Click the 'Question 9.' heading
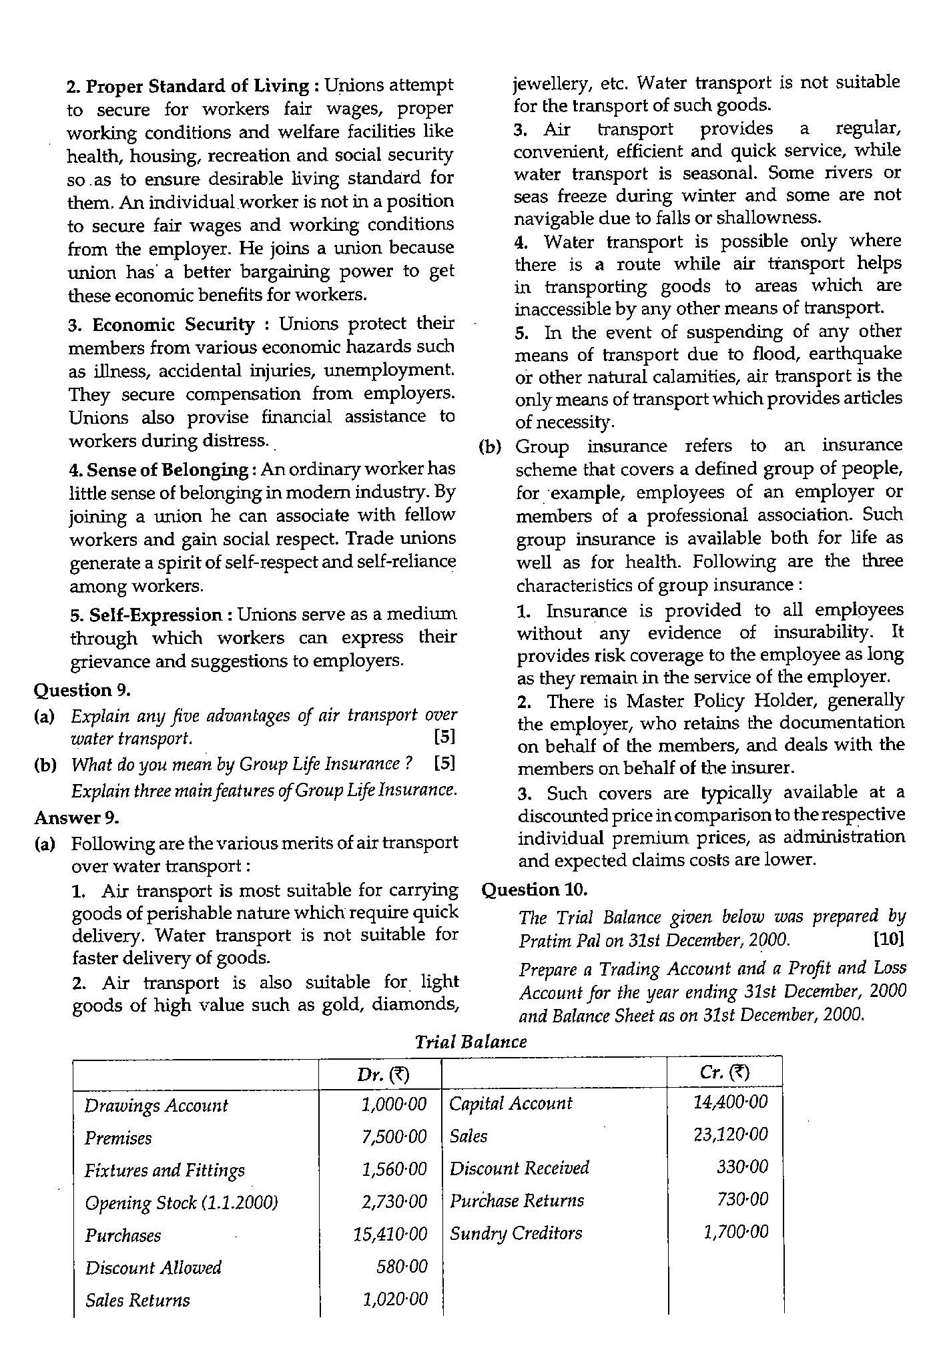click(x=82, y=690)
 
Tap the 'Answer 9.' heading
click(x=76, y=817)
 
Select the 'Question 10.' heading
click(x=534, y=890)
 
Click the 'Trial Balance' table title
click(x=470, y=1042)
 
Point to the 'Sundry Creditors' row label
click(x=516, y=1233)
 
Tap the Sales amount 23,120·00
click(x=731, y=1134)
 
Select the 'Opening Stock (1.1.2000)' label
click(x=181, y=1203)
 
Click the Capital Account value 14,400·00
click(x=731, y=1102)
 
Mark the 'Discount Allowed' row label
click(x=153, y=1267)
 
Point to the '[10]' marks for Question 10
click(x=888, y=940)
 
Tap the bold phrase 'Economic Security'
click(x=173, y=325)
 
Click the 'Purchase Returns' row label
click(x=517, y=1201)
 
